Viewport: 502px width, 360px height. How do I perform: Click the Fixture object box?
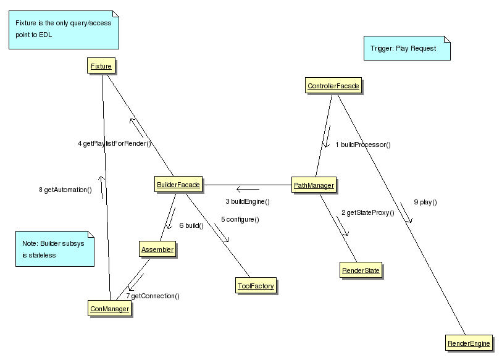pos(101,65)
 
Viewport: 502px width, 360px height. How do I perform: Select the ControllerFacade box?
pos(333,86)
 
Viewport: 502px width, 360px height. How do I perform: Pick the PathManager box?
pos(314,185)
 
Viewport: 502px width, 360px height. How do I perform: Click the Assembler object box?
pos(157,249)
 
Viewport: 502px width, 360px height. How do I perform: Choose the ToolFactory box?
pos(256,285)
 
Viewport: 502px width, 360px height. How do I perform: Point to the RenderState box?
pos(361,270)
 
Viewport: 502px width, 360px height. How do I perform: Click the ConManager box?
pos(110,309)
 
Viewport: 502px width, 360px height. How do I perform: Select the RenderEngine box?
pos(469,343)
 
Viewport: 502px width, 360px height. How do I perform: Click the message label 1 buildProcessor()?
pos(363,145)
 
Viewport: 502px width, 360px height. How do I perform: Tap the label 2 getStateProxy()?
pos(367,213)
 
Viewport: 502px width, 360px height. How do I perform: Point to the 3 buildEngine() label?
pos(248,201)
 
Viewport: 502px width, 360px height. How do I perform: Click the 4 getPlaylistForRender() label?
pos(114,144)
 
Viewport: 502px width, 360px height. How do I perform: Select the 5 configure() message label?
pos(240,219)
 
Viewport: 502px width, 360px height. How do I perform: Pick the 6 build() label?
pos(191,225)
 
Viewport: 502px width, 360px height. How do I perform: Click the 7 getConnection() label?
pos(153,296)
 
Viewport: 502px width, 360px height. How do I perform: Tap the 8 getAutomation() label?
pos(65,190)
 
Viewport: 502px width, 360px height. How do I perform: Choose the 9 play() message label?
pos(425,202)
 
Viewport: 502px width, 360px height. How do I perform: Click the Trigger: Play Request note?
pos(407,48)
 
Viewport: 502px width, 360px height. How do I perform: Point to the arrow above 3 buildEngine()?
pos(248,189)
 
